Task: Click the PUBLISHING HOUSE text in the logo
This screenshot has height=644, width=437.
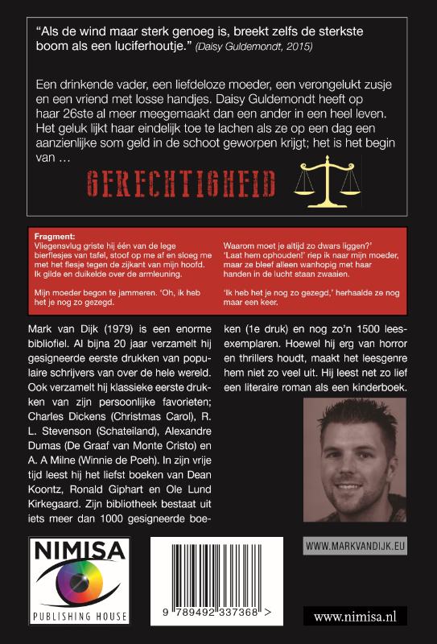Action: click(x=79, y=617)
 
